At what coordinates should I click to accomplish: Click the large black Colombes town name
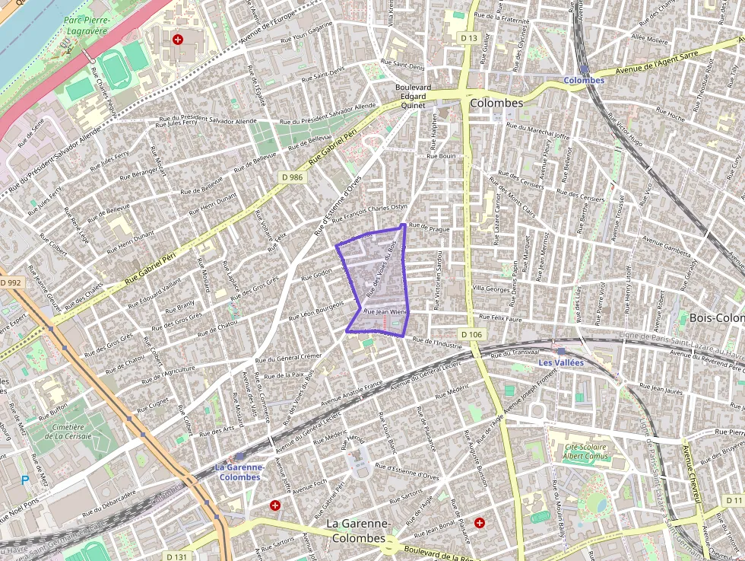tap(496, 102)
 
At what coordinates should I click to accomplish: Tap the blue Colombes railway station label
tap(584, 80)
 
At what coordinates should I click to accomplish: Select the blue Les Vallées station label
tap(561, 363)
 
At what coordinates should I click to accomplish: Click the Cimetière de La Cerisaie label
tap(68, 432)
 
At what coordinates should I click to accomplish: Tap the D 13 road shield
tap(469, 38)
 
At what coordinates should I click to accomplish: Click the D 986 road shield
tap(291, 177)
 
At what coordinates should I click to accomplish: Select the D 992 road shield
tap(11, 282)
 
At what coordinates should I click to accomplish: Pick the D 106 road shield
tap(471, 334)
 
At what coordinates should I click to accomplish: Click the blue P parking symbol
tap(25, 480)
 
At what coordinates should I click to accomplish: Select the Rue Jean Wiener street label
tap(386, 312)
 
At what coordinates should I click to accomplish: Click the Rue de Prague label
tap(429, 227)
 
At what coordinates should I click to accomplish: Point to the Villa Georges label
tap(490, 289)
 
